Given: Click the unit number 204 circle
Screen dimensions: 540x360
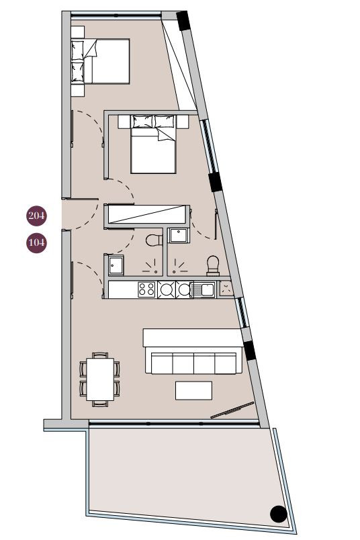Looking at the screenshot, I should pos(36,216).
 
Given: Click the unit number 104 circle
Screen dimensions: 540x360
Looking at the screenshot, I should pos(36,242).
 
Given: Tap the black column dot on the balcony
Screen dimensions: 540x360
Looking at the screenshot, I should pos(279,514).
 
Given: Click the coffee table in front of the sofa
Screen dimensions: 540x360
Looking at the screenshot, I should pos(193,390).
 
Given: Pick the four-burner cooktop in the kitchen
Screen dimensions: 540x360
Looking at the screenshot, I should pos(147,289).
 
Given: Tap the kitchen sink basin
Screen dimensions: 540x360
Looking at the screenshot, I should pos(204,289).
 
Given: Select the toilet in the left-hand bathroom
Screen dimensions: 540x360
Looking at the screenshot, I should pos(152,240).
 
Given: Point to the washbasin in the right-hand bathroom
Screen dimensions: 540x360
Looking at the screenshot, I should pos(179,236).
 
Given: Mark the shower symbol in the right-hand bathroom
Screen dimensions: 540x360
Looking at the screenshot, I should pos(180,265).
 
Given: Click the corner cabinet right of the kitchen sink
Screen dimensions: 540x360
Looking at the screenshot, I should pos(226,289).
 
